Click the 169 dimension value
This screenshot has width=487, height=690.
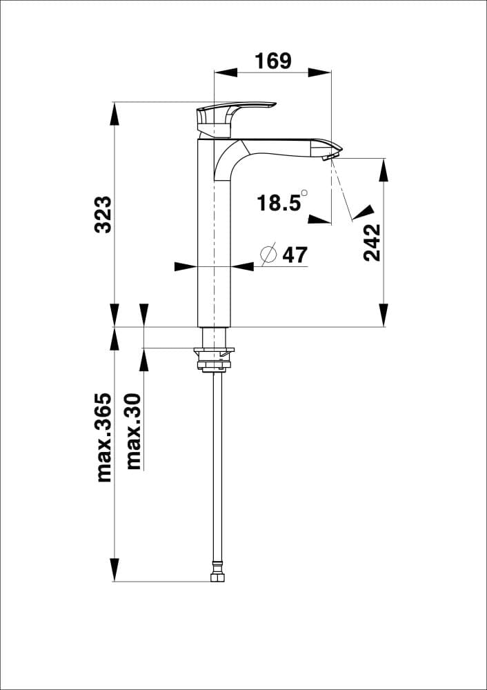point(273,61)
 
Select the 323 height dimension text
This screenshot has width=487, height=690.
point(103,215)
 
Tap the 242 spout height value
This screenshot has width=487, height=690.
point(372,242)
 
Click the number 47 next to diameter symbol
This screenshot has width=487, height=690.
point(295,255)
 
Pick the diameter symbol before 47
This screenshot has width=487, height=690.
point(268,254)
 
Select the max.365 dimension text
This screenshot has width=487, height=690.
point(103,437)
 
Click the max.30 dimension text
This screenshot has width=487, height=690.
point(134,431)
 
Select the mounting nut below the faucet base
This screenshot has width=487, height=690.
point(214,358)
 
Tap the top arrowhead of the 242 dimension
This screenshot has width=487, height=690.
point(384,170)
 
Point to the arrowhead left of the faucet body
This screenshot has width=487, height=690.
point(186,266)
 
